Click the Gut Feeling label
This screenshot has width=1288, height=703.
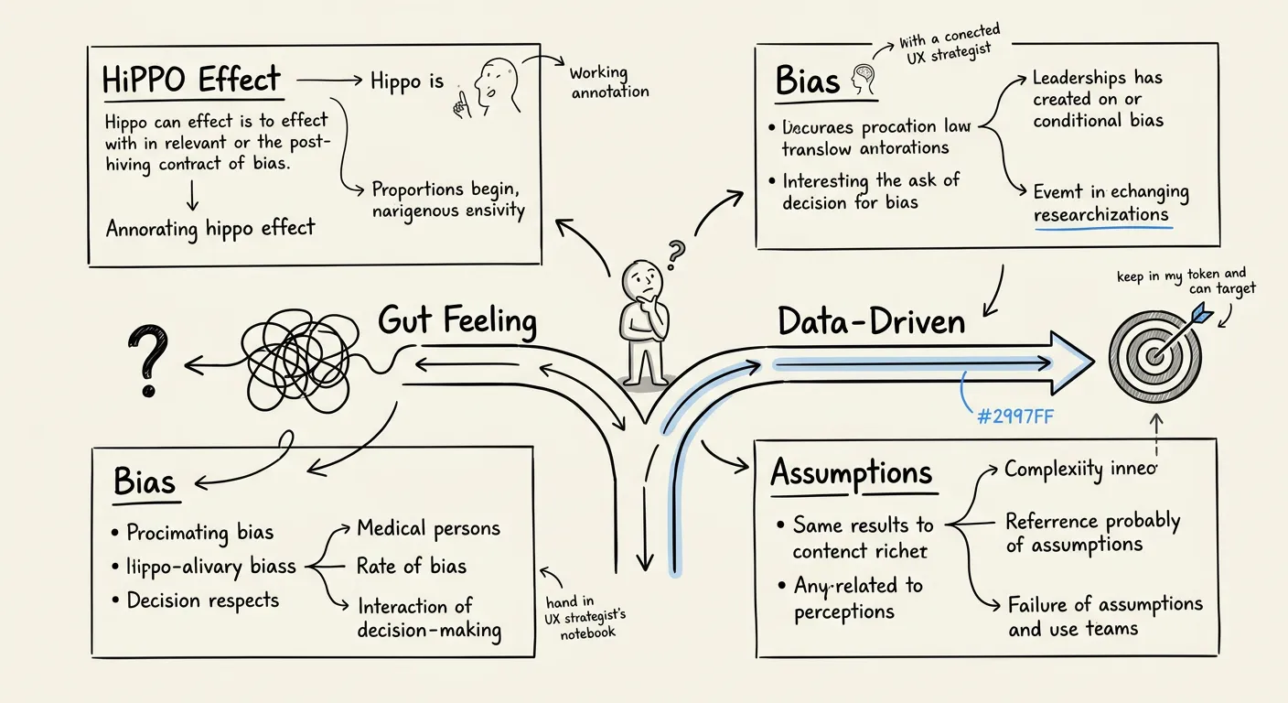tap(456, 321)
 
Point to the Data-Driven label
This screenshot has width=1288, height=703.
tap(871, 322)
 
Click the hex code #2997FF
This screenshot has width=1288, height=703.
tap(1016, 416)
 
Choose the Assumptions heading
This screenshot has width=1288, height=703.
tap(851, 473)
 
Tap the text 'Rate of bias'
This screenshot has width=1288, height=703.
tap(411, 567)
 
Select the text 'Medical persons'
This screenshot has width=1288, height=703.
tap(428, 528)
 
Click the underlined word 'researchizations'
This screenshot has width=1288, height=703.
tap(1101, 215)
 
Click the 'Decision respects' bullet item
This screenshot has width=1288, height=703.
tap(202, 600)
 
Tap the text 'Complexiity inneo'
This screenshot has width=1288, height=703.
tap(1080, 470)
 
